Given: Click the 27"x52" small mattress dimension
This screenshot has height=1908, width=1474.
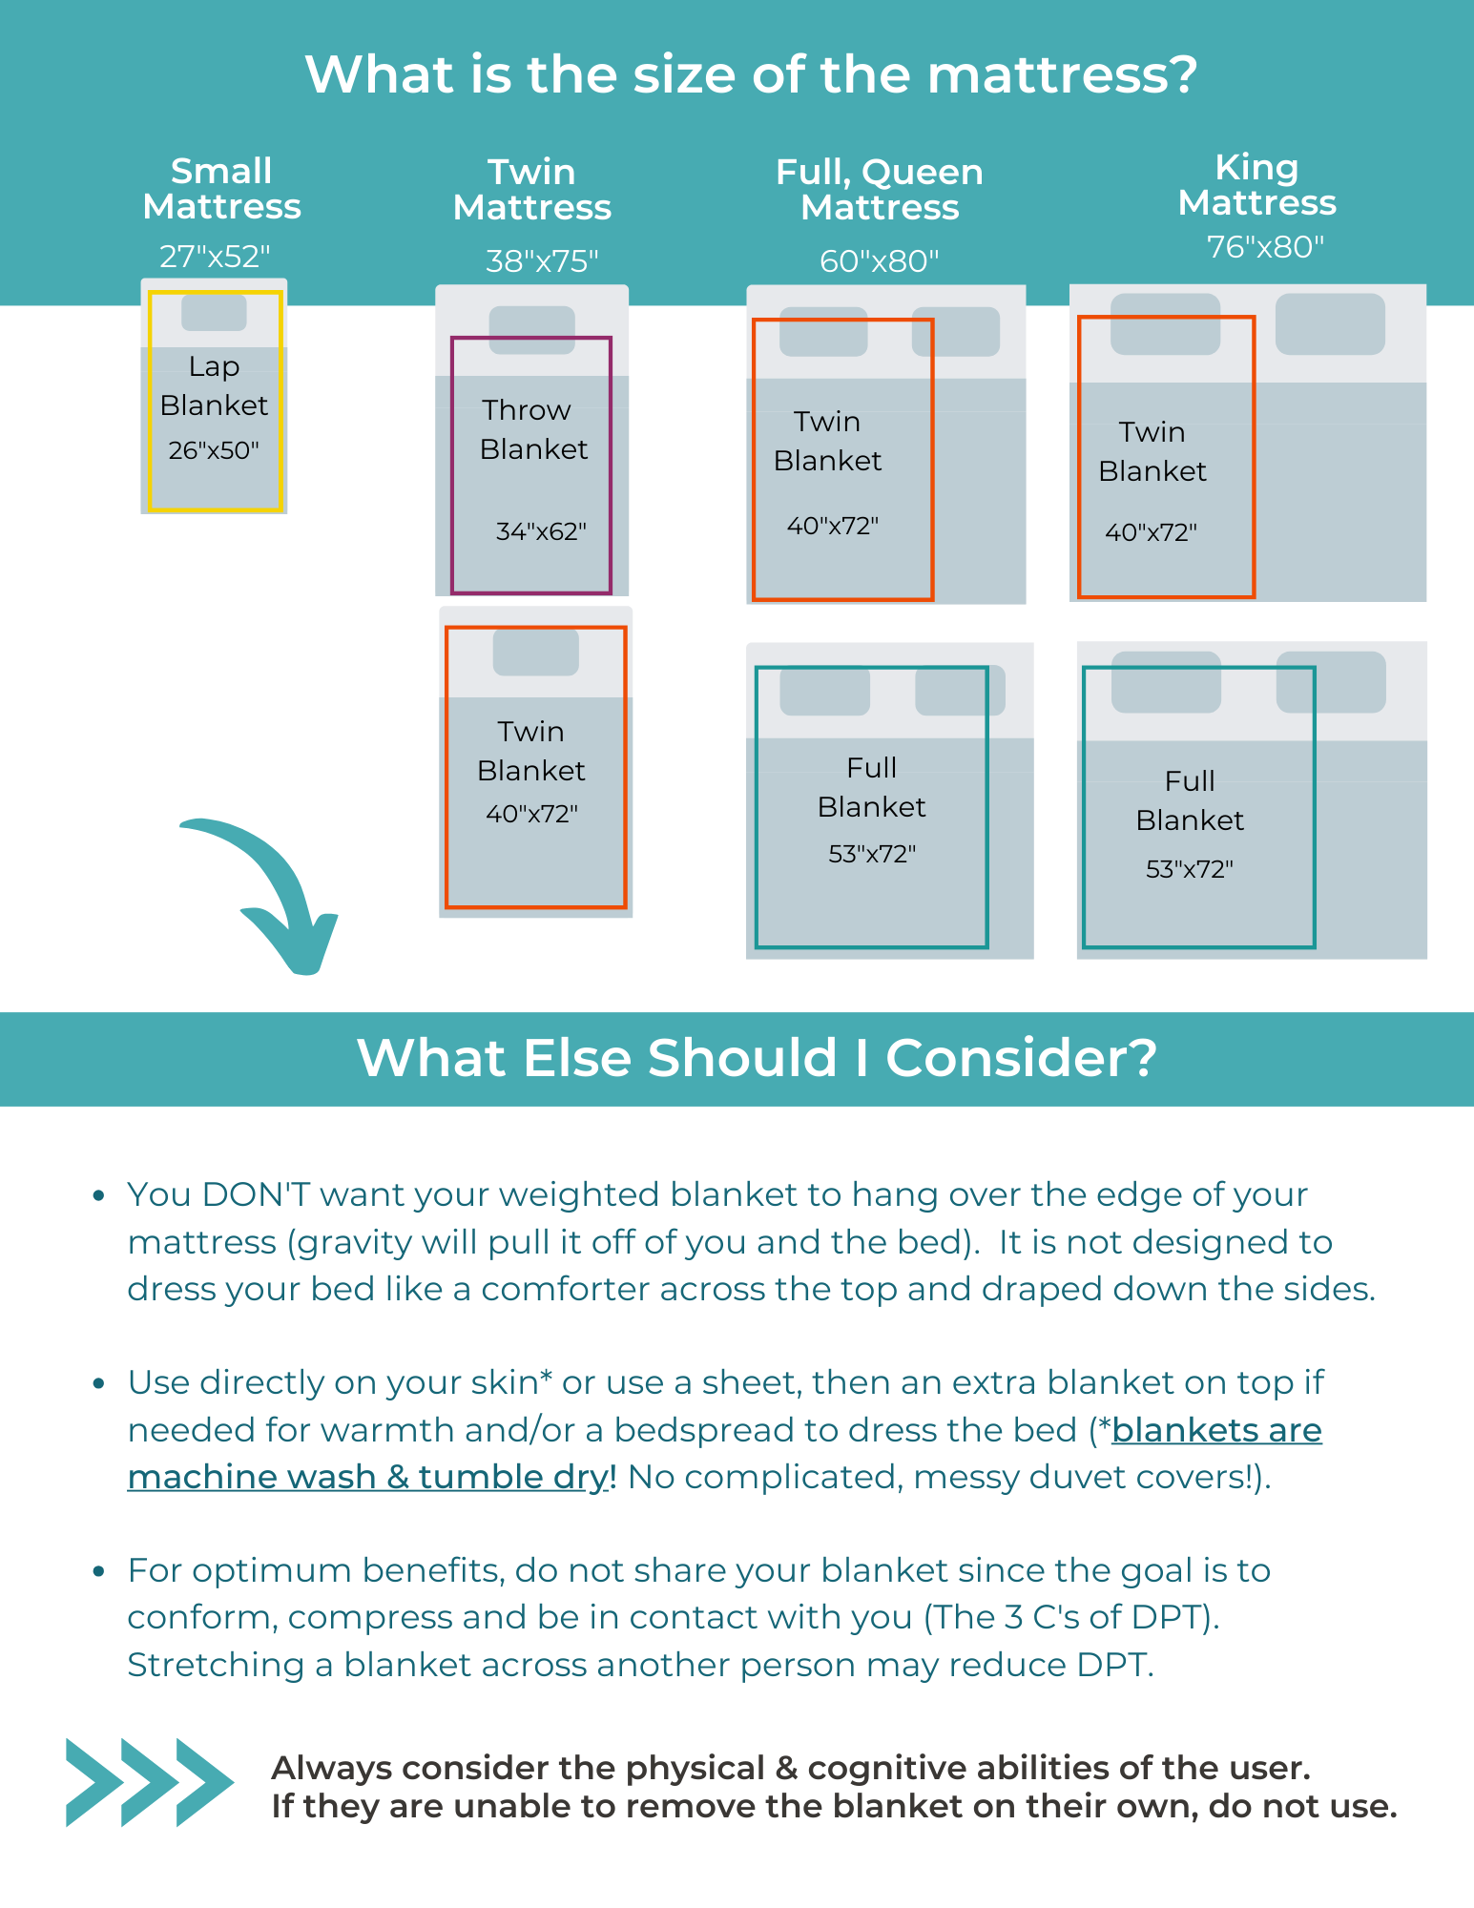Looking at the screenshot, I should pos(215,257).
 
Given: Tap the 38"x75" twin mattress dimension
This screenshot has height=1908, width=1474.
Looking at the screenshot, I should pos(542,260).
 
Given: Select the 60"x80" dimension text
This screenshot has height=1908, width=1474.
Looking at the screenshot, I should pos(880,260).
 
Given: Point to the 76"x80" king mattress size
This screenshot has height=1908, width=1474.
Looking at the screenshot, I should pos(1265,247).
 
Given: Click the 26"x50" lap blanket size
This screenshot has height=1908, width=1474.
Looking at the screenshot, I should pos(214,450).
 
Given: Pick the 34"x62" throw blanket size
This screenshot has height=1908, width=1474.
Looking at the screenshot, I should pos(541,531).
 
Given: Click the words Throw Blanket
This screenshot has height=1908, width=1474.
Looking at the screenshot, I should pos(531,429).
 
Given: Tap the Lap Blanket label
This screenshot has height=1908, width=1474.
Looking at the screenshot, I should pos(214,385).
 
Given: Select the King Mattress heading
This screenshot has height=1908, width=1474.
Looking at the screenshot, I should pos(1256,185).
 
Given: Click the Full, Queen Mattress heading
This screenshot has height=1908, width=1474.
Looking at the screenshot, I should pos(880,189).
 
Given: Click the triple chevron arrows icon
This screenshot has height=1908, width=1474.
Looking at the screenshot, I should pos(149,1782).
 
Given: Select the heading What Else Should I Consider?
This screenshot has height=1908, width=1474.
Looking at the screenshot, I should pos(757,1058).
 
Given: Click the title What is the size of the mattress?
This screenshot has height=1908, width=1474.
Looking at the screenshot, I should pos(751,74).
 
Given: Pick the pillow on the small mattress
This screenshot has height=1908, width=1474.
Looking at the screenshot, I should pos(214,313).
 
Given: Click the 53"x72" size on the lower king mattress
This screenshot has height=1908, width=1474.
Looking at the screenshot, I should pos(1189,869).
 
